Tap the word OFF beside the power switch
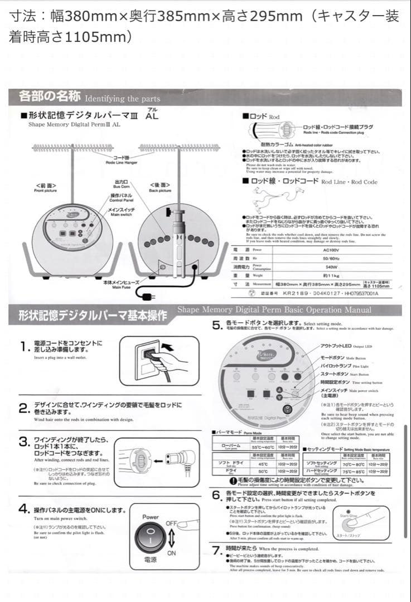(171, 523)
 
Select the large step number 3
(24, 441)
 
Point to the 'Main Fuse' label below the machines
(118, 285)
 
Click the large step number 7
(218, 551)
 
